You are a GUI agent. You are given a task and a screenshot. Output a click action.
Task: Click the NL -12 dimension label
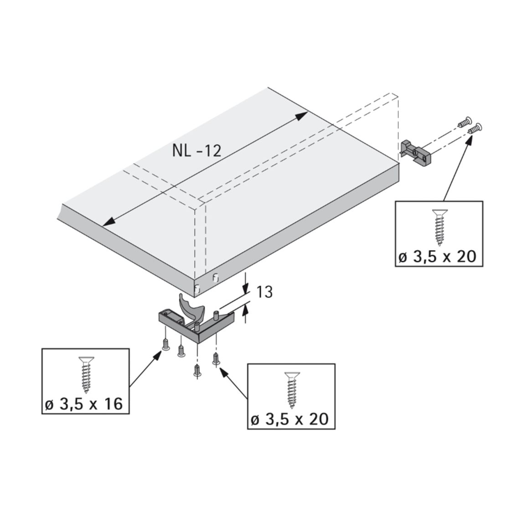(196, 151)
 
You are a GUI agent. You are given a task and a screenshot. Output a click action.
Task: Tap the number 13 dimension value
(264, 292)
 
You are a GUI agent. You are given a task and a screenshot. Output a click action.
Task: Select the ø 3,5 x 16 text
(84, 403)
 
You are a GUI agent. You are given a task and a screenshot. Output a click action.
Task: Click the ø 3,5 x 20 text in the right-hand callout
(438, 257)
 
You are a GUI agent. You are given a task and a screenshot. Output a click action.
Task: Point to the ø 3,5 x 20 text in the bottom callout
(290, 419)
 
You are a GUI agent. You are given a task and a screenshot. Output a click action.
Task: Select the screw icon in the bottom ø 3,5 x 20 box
(292, 390)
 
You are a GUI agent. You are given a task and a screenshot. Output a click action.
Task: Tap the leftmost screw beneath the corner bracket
(165, 345)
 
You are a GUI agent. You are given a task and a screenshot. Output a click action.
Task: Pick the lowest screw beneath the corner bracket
(197, 372)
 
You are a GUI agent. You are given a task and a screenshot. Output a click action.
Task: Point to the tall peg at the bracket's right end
(216, 316)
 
